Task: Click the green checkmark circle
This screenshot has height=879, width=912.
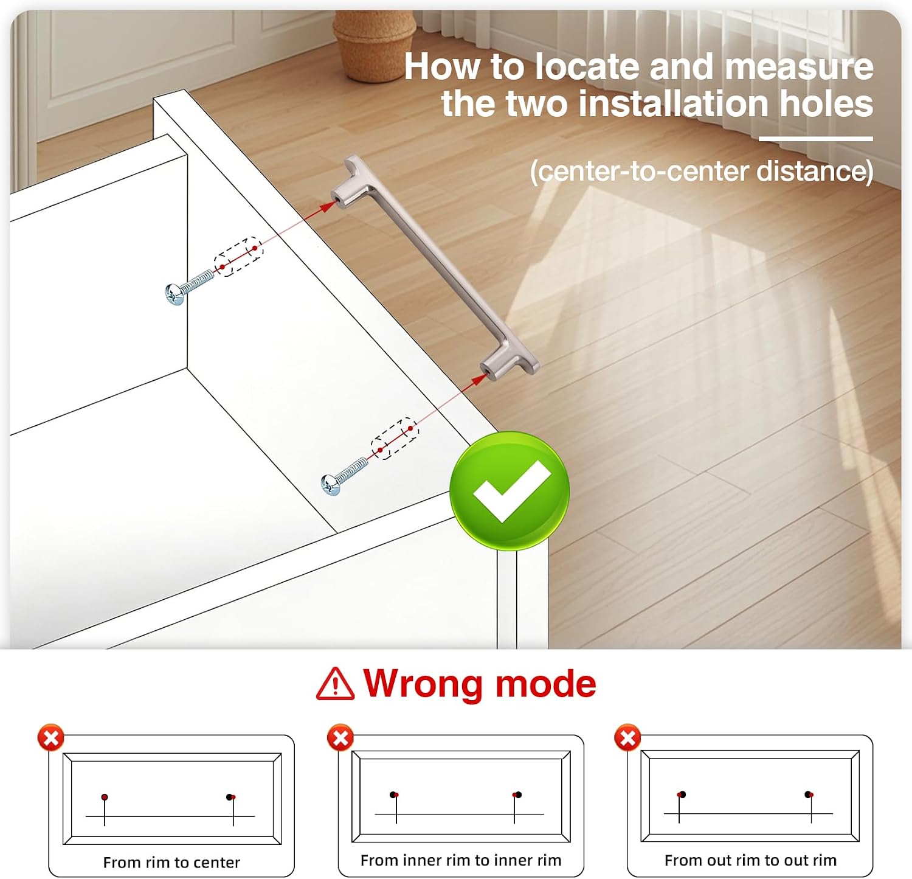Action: click(x=510, y=491)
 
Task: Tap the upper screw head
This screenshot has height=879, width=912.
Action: click(x=174, y=294)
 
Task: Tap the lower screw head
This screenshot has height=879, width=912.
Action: click(x=330, y=485)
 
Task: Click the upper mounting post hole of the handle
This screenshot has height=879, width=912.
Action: click(x=336, y=197)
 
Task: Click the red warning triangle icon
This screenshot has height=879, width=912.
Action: click(x=335, y=683)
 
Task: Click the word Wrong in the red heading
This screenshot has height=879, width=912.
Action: click(x=425, y=683)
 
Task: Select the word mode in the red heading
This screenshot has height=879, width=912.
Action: click(x=545, y=684)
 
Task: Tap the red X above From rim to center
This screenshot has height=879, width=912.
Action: click(x=51, y=738)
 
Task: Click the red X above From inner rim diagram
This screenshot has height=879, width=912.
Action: click(x=340, y=738)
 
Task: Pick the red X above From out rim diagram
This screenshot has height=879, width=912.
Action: click(x=628, y=738)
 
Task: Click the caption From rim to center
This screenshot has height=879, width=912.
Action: click(x=171, y=862)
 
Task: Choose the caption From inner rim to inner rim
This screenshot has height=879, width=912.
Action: click(x=461, y=860)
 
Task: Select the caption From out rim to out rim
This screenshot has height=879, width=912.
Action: click(x=750, y=860)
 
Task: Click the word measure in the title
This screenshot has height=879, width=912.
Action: click(x=799, y=66)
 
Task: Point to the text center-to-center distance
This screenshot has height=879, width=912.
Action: click(x=702, y=171)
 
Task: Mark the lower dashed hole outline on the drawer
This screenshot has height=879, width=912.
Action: click(x=395, y=439)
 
